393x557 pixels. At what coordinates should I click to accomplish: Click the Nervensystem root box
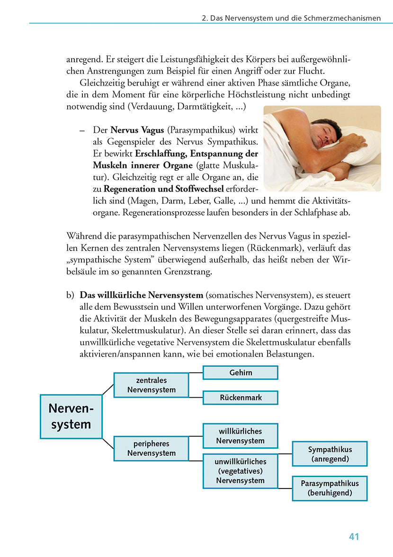tap(71, 416)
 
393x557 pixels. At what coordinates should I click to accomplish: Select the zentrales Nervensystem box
tap(151, 385)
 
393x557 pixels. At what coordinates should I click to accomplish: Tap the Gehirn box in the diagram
tap(240, 373)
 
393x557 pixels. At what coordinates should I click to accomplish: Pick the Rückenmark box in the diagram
tap(240, 398)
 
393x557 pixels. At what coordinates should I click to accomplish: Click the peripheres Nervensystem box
tap(151, 448)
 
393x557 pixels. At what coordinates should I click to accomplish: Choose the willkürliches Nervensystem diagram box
tap(240, 435)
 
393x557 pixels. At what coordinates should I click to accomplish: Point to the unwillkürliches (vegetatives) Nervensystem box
tap(240, 471)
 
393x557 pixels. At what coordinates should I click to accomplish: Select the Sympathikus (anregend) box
tap(330, 454)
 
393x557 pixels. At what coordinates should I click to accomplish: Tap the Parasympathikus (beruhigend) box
tap(330, 488)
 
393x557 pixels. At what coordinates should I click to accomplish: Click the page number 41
tap(354, 537)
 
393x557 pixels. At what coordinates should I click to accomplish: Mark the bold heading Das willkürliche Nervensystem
tap(141, 295)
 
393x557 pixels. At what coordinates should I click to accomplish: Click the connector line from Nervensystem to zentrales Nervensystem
tap(108, 389)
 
